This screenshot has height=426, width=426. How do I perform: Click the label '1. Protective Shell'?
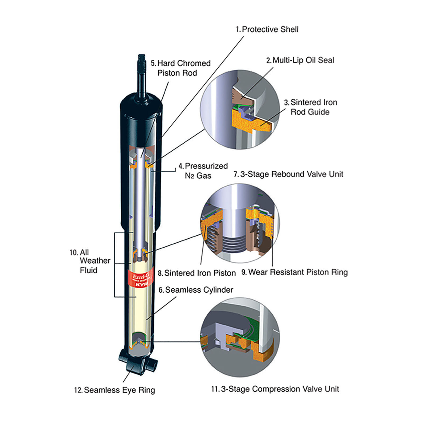pyautogui.click(x=267, y=29)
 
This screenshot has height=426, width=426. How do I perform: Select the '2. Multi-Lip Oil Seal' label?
pyautogui.click(x=300, y=60)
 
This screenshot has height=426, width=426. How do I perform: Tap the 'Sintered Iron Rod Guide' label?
pyautogui.click(x=310, y=107)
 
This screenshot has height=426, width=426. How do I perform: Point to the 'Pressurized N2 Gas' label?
pyautogui.click(x=203, y=171)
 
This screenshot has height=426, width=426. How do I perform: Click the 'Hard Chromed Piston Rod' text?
pyautogui.click(x=181, y=68)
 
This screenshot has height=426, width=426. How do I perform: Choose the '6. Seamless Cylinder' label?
pyautogui.click(x=196, y=290)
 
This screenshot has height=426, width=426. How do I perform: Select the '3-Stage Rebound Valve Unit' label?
pyautogui.click(x=288, y=174)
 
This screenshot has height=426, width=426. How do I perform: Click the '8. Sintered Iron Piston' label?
pyautogui.click(x=197, y=273)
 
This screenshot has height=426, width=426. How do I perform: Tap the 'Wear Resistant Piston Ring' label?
pyautogui.click(x=294, y=272)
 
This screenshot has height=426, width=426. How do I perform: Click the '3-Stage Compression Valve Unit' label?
pyautogui.click(x=275, y=389)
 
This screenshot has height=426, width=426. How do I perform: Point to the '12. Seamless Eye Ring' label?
pyautogui.click(x=114, y=390)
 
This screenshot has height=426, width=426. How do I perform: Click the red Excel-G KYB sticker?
pyautogui.click(x=141, y=278)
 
